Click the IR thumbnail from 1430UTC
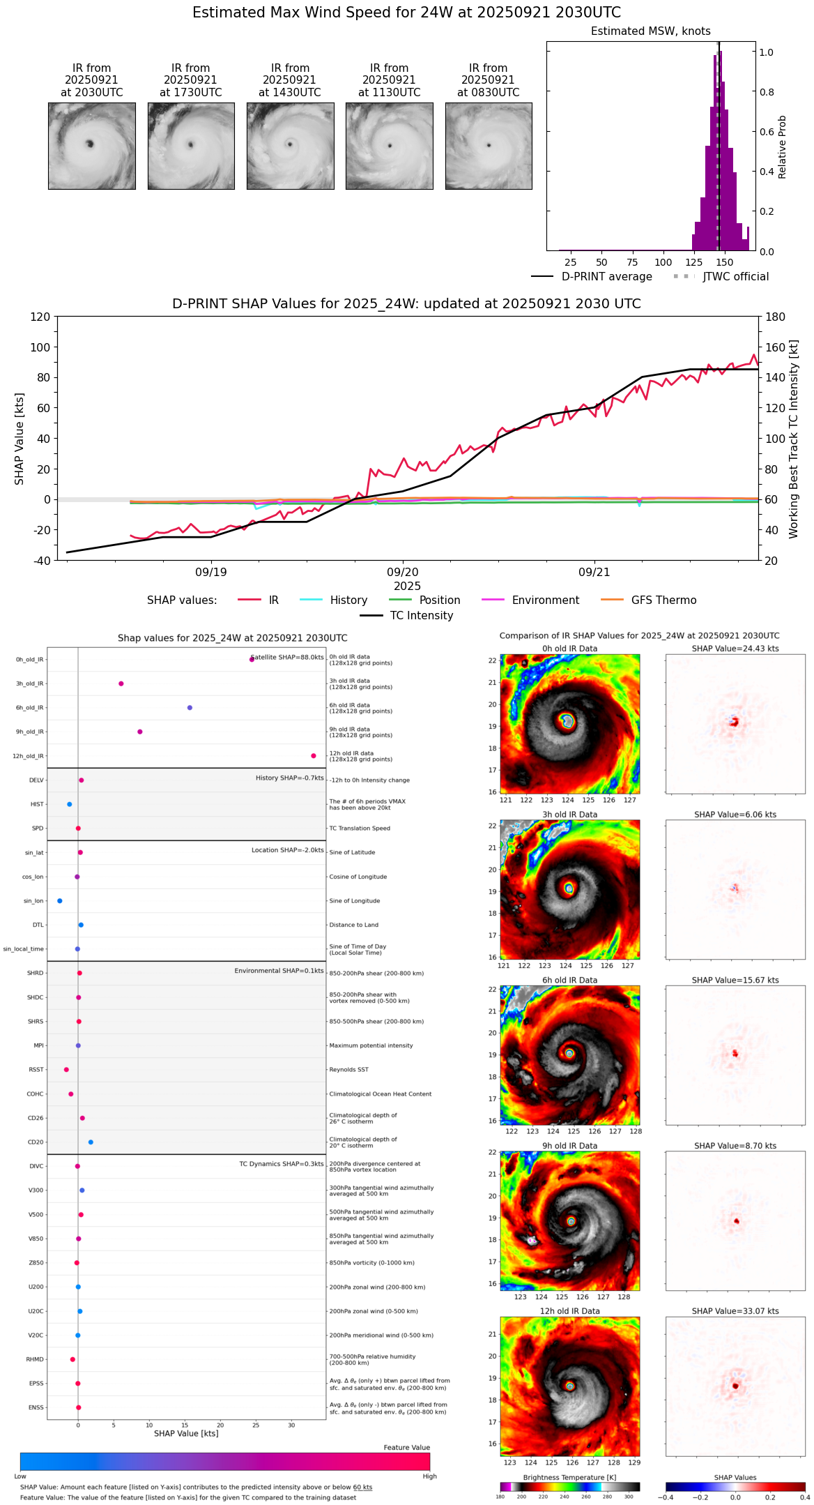pos(290,146)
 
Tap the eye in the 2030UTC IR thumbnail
pos(90,144)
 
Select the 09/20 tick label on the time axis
pos(402,572)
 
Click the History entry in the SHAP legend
pos(348,600)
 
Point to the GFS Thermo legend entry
pos(663,600)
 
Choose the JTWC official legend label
pos(735,277)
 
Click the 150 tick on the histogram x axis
pos(725,263)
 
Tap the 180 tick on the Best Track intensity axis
pos(776,317)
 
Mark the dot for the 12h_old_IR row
pos(314,756)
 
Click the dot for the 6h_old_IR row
pos(190,708)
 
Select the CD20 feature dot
pos(91,1142)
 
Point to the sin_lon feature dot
pos(60,901)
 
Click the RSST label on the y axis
pos(36,1070)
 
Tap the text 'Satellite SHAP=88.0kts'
pos(287,658)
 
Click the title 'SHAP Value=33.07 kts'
pos(735,1311)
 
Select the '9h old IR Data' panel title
pos(569,1146)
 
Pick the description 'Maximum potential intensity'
pos(371,1045)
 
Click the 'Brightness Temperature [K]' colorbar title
pos(569,1477)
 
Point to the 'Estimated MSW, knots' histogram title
pos(650,31)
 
